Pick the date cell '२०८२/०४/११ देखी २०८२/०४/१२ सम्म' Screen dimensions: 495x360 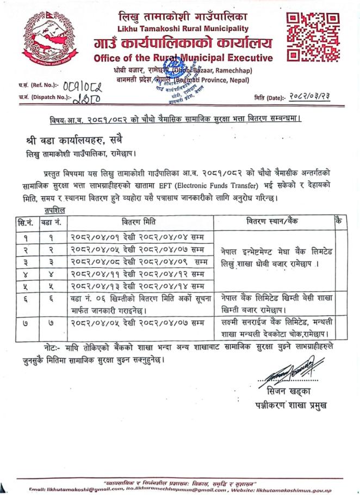138,274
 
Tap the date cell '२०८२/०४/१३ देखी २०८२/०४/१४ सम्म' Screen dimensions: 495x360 138,286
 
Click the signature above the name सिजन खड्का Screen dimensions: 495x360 294,373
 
